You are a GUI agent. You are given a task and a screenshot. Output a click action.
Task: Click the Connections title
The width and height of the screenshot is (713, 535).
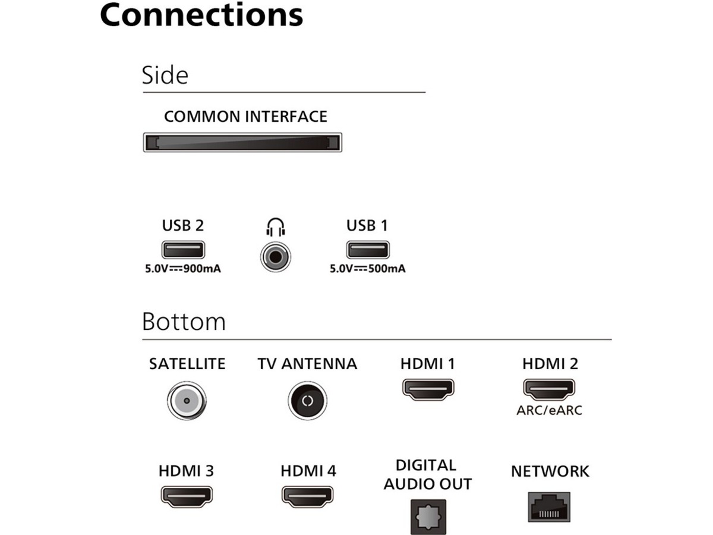201,15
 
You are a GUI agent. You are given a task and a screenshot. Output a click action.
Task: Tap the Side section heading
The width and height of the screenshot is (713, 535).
165,75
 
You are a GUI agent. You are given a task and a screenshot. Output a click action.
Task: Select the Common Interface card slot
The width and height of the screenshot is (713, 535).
242,143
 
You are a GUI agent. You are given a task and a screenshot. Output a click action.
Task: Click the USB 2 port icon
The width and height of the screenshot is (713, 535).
183,250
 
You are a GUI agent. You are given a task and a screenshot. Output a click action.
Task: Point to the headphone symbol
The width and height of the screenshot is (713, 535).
276,226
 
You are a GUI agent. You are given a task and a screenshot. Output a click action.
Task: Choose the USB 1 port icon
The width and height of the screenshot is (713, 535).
368,250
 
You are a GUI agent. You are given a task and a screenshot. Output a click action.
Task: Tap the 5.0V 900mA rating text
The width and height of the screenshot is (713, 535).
183,269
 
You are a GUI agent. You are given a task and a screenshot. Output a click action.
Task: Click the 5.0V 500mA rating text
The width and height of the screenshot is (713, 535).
368,269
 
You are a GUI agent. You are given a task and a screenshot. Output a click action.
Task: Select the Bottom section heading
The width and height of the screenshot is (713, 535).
184,322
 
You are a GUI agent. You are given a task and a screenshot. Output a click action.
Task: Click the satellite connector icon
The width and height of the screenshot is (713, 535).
187,400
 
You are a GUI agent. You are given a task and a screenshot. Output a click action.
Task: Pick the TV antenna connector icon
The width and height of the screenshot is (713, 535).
307,400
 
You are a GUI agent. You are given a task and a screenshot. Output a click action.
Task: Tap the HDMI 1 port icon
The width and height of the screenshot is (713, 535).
428,389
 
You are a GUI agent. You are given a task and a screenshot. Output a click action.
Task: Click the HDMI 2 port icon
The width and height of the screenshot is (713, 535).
550,389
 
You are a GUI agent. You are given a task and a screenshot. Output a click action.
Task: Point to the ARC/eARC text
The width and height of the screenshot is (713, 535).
550,410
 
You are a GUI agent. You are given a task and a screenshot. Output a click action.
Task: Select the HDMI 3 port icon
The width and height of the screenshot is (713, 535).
187,495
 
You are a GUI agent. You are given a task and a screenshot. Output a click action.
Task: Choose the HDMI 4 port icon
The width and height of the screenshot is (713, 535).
308,495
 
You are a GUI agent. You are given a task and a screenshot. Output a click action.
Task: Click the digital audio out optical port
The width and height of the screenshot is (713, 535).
427,515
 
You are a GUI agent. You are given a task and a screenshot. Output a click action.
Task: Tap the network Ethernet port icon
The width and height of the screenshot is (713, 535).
549,507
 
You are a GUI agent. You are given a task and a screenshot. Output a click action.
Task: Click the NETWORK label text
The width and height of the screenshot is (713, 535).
550,472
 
